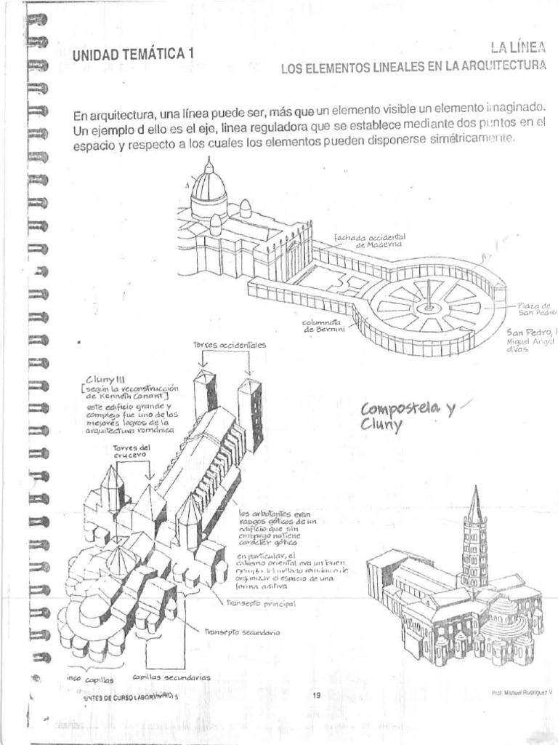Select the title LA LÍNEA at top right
(517, 48)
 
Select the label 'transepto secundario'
(241, 632)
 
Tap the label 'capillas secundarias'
(171, 677)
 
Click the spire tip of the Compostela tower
(475, 490)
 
